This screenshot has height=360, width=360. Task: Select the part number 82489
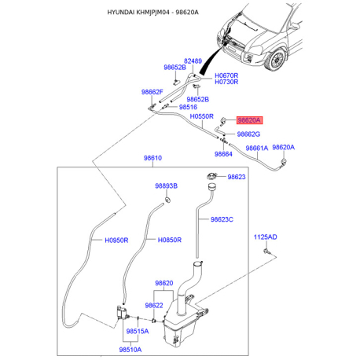(193, 61)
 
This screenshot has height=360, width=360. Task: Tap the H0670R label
(227, 75)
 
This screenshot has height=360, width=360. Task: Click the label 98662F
(152, 92)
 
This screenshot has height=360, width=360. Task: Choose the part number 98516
(189, 107)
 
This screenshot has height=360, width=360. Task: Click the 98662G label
(248, 134)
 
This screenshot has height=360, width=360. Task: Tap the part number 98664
(223, 154)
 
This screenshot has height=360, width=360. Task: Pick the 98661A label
(257, 148)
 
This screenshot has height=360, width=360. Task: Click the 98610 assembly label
(152, 158)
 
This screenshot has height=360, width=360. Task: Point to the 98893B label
(166, 186)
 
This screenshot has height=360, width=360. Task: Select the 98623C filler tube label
(221, 220)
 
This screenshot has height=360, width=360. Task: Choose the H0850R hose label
(169, 240)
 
